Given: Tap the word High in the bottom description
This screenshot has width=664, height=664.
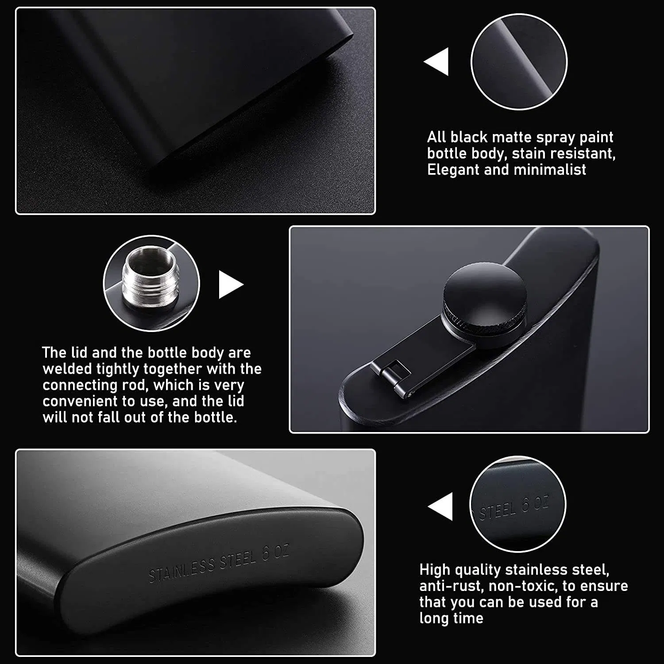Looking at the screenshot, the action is point(435,570).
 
